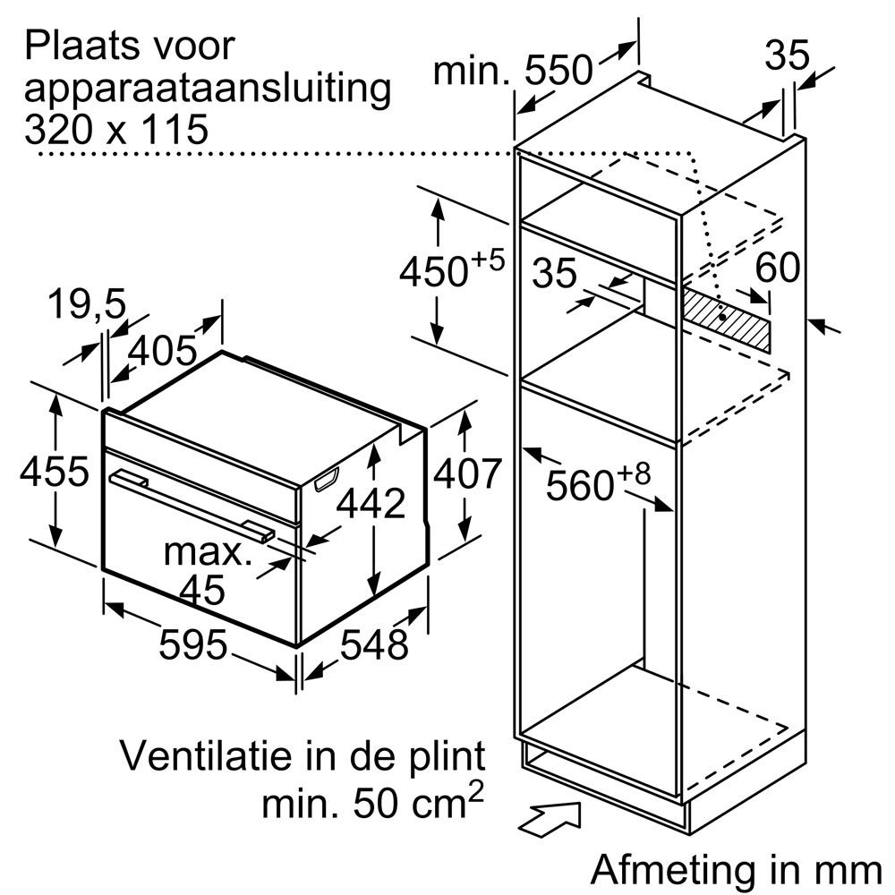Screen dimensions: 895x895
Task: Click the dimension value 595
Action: coord(193,644)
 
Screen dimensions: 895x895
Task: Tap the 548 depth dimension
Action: coord(374,644)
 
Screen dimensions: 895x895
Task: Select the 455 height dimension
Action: coord(55,472)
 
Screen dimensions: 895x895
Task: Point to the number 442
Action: coord(371,503)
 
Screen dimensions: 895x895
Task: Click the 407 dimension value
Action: coord(467,473)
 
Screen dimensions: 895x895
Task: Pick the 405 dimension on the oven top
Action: coord(163,351)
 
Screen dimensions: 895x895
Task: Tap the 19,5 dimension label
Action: coord(86,304)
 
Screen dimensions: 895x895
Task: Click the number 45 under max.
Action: coord(202,589)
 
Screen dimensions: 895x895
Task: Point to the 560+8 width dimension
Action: coord(598,483)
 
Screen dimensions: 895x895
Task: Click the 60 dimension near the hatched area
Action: coord(777,267)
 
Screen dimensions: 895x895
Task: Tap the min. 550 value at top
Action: coord(513,70)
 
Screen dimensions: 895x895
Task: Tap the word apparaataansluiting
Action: coord(208,89)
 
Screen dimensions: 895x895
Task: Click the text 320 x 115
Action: coord(115,130)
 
